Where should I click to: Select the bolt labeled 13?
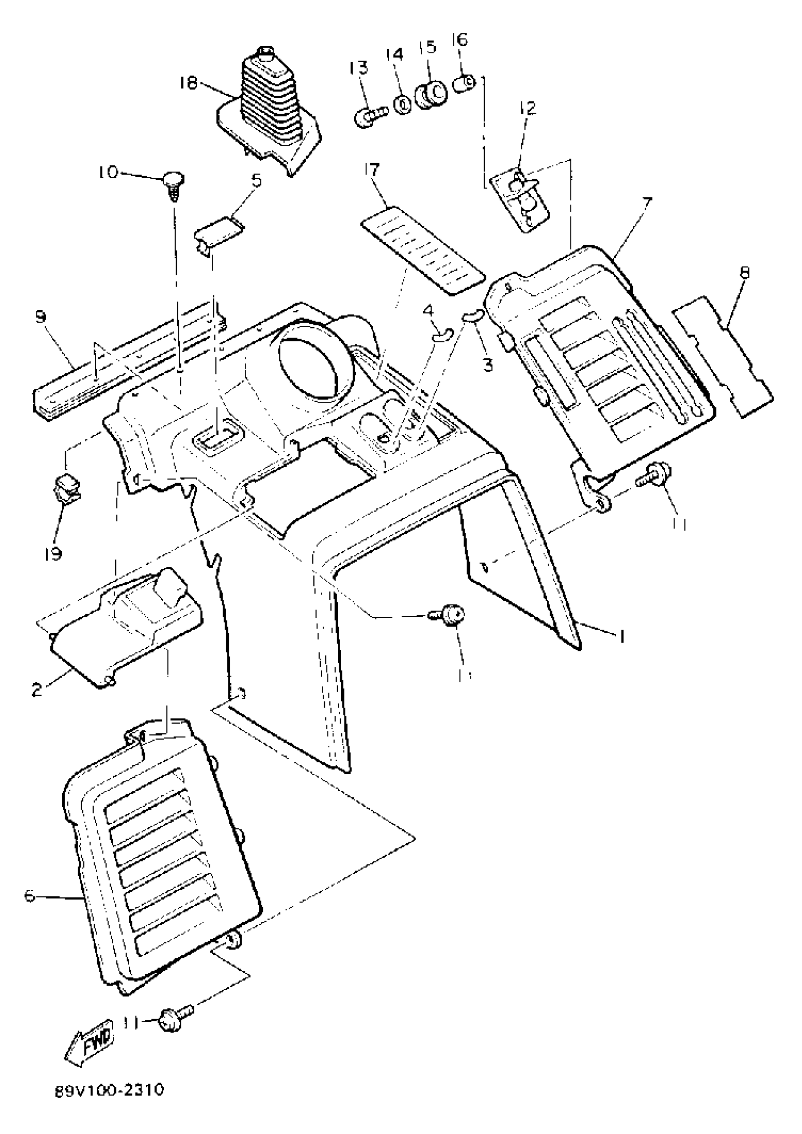369,116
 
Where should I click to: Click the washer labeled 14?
403,104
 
